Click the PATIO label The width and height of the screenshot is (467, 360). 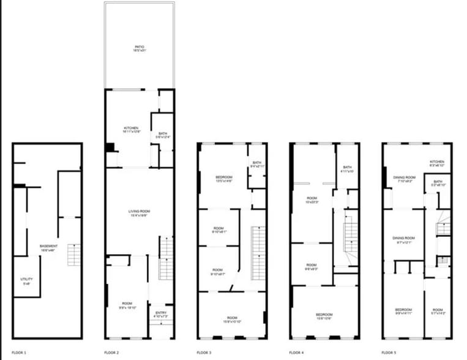coord(140,47)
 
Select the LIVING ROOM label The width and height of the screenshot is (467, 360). coord(139,212)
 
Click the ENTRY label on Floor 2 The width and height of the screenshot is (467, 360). coord(161,313)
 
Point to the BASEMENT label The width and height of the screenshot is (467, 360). coord(49,247)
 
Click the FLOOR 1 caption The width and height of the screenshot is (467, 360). coord(18,353)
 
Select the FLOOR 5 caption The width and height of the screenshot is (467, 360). coord(389,353)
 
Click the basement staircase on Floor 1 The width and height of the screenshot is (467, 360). coord(74,254)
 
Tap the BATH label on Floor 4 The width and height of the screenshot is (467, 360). coord(347,168)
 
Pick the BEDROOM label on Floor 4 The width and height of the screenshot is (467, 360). coord(324,315)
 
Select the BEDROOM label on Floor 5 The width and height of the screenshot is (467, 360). coord(403,310)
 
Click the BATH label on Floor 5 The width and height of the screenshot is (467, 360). coord(438,182)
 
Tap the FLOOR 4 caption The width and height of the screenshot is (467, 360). coord(297,353)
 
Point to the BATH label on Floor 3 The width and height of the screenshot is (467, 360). coord(256,163)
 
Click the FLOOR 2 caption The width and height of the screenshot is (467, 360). coord(111,353)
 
